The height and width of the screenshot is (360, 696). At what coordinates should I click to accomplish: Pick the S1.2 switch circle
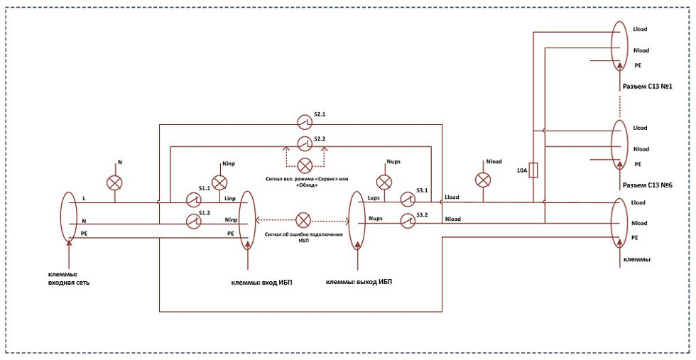193,221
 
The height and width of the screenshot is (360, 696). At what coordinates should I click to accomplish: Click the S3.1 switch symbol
407,200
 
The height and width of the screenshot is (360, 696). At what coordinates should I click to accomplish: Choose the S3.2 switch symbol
407,221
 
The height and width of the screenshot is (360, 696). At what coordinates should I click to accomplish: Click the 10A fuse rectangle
534,170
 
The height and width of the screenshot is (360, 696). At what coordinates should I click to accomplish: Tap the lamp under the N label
115,182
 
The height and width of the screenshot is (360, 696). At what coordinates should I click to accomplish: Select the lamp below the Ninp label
219,182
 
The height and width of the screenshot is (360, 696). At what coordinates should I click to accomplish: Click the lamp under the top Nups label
384,182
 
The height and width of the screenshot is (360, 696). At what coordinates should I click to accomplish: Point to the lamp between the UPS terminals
304,220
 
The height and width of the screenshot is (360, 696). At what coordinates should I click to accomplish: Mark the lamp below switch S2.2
305,165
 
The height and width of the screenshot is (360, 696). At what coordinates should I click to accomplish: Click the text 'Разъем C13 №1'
646,86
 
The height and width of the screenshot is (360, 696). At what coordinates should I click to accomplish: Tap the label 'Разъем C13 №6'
647,185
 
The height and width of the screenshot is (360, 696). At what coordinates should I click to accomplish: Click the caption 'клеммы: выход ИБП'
359,283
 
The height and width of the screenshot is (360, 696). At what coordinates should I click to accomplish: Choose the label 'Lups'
374,197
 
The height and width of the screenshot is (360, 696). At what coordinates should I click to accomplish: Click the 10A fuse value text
521,170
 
